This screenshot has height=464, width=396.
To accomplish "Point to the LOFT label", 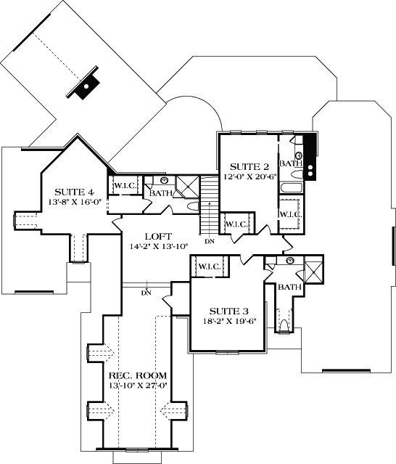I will tap(157, 236).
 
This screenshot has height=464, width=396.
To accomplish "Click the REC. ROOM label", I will tap(138, 375).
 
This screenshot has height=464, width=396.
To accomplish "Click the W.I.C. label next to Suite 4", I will tap(125, 186).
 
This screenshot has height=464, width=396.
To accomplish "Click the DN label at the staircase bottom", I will tap(210, 241).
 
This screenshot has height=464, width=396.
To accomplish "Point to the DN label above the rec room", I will tap(146, 293).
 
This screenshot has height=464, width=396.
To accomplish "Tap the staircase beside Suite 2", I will tap(210, 203).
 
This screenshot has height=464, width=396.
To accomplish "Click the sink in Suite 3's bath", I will tap(289, 261).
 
